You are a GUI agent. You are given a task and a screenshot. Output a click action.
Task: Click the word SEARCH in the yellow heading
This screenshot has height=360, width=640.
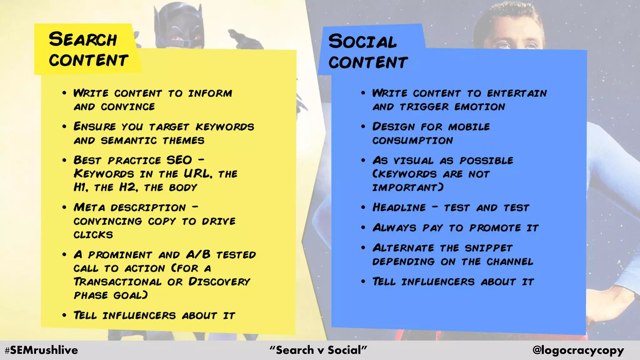pos(83,40)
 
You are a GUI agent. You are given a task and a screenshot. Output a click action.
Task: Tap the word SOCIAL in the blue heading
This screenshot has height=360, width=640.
pos(362,42)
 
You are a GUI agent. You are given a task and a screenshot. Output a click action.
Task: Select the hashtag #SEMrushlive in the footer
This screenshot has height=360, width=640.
pos(41,350)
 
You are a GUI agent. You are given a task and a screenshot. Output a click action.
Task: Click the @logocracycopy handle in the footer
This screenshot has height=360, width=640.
pos(578,350)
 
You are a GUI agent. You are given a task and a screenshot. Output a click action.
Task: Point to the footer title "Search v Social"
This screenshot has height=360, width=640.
pos(318,350)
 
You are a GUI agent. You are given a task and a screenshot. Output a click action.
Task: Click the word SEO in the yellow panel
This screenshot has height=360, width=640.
pos(179,160)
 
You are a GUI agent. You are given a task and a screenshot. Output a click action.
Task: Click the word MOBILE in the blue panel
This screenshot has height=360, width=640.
pos(469,127)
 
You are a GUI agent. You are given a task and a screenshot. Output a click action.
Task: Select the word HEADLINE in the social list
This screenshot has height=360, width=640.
pos(399,207)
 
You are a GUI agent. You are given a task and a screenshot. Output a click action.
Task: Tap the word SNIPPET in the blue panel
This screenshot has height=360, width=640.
pos(488,248)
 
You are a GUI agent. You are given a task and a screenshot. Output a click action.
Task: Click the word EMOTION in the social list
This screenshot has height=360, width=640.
pos(480,107)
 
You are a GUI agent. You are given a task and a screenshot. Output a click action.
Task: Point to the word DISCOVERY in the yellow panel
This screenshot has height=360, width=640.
pos(219,282)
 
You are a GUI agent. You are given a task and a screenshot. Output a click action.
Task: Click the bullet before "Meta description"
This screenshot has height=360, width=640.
pos(64,207)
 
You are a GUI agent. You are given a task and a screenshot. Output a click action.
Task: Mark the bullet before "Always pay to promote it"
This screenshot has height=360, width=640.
pos(363,227)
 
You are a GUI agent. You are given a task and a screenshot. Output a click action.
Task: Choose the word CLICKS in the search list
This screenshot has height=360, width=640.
pos(93,235)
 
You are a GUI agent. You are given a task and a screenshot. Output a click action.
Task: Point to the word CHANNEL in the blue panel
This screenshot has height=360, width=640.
pos(510,262)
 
